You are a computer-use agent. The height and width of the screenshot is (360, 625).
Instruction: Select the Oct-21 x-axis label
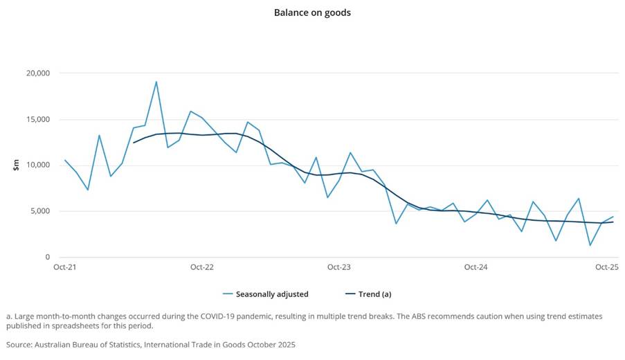pyautogui.click(x=64, y=267)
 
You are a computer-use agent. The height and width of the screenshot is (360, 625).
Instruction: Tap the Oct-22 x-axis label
pyautogui.click(x=201, y=267)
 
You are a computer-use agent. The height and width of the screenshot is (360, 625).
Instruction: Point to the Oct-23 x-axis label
pyautogui.click(x=338, y=267)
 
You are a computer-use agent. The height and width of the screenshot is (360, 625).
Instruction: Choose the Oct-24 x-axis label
pyautogui.click(x=475, y=267)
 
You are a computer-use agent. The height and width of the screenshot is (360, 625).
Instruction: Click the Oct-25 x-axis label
pyautogui.click(x=607, y=267)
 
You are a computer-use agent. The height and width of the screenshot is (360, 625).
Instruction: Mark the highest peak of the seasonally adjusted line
pyautogui.click(x=156, y=82)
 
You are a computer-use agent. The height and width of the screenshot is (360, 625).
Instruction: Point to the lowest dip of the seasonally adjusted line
pyautogui.click(x=590, y=245)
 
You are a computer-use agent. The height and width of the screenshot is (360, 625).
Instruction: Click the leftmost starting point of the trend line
pyautogui.click(x=133, y=143)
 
